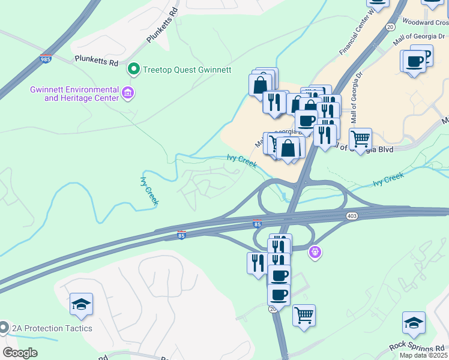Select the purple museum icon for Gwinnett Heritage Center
[127, 93]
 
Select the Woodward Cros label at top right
[427, 22]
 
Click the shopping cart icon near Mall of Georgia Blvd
[360, 139]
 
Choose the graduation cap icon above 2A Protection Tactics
[81, 304]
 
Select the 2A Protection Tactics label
[53, 328]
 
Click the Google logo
[20, 353]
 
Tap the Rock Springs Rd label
[417, 347]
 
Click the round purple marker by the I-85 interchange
[316, 253]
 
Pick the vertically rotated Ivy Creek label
[149, 191]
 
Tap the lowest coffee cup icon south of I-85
[279, 295]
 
